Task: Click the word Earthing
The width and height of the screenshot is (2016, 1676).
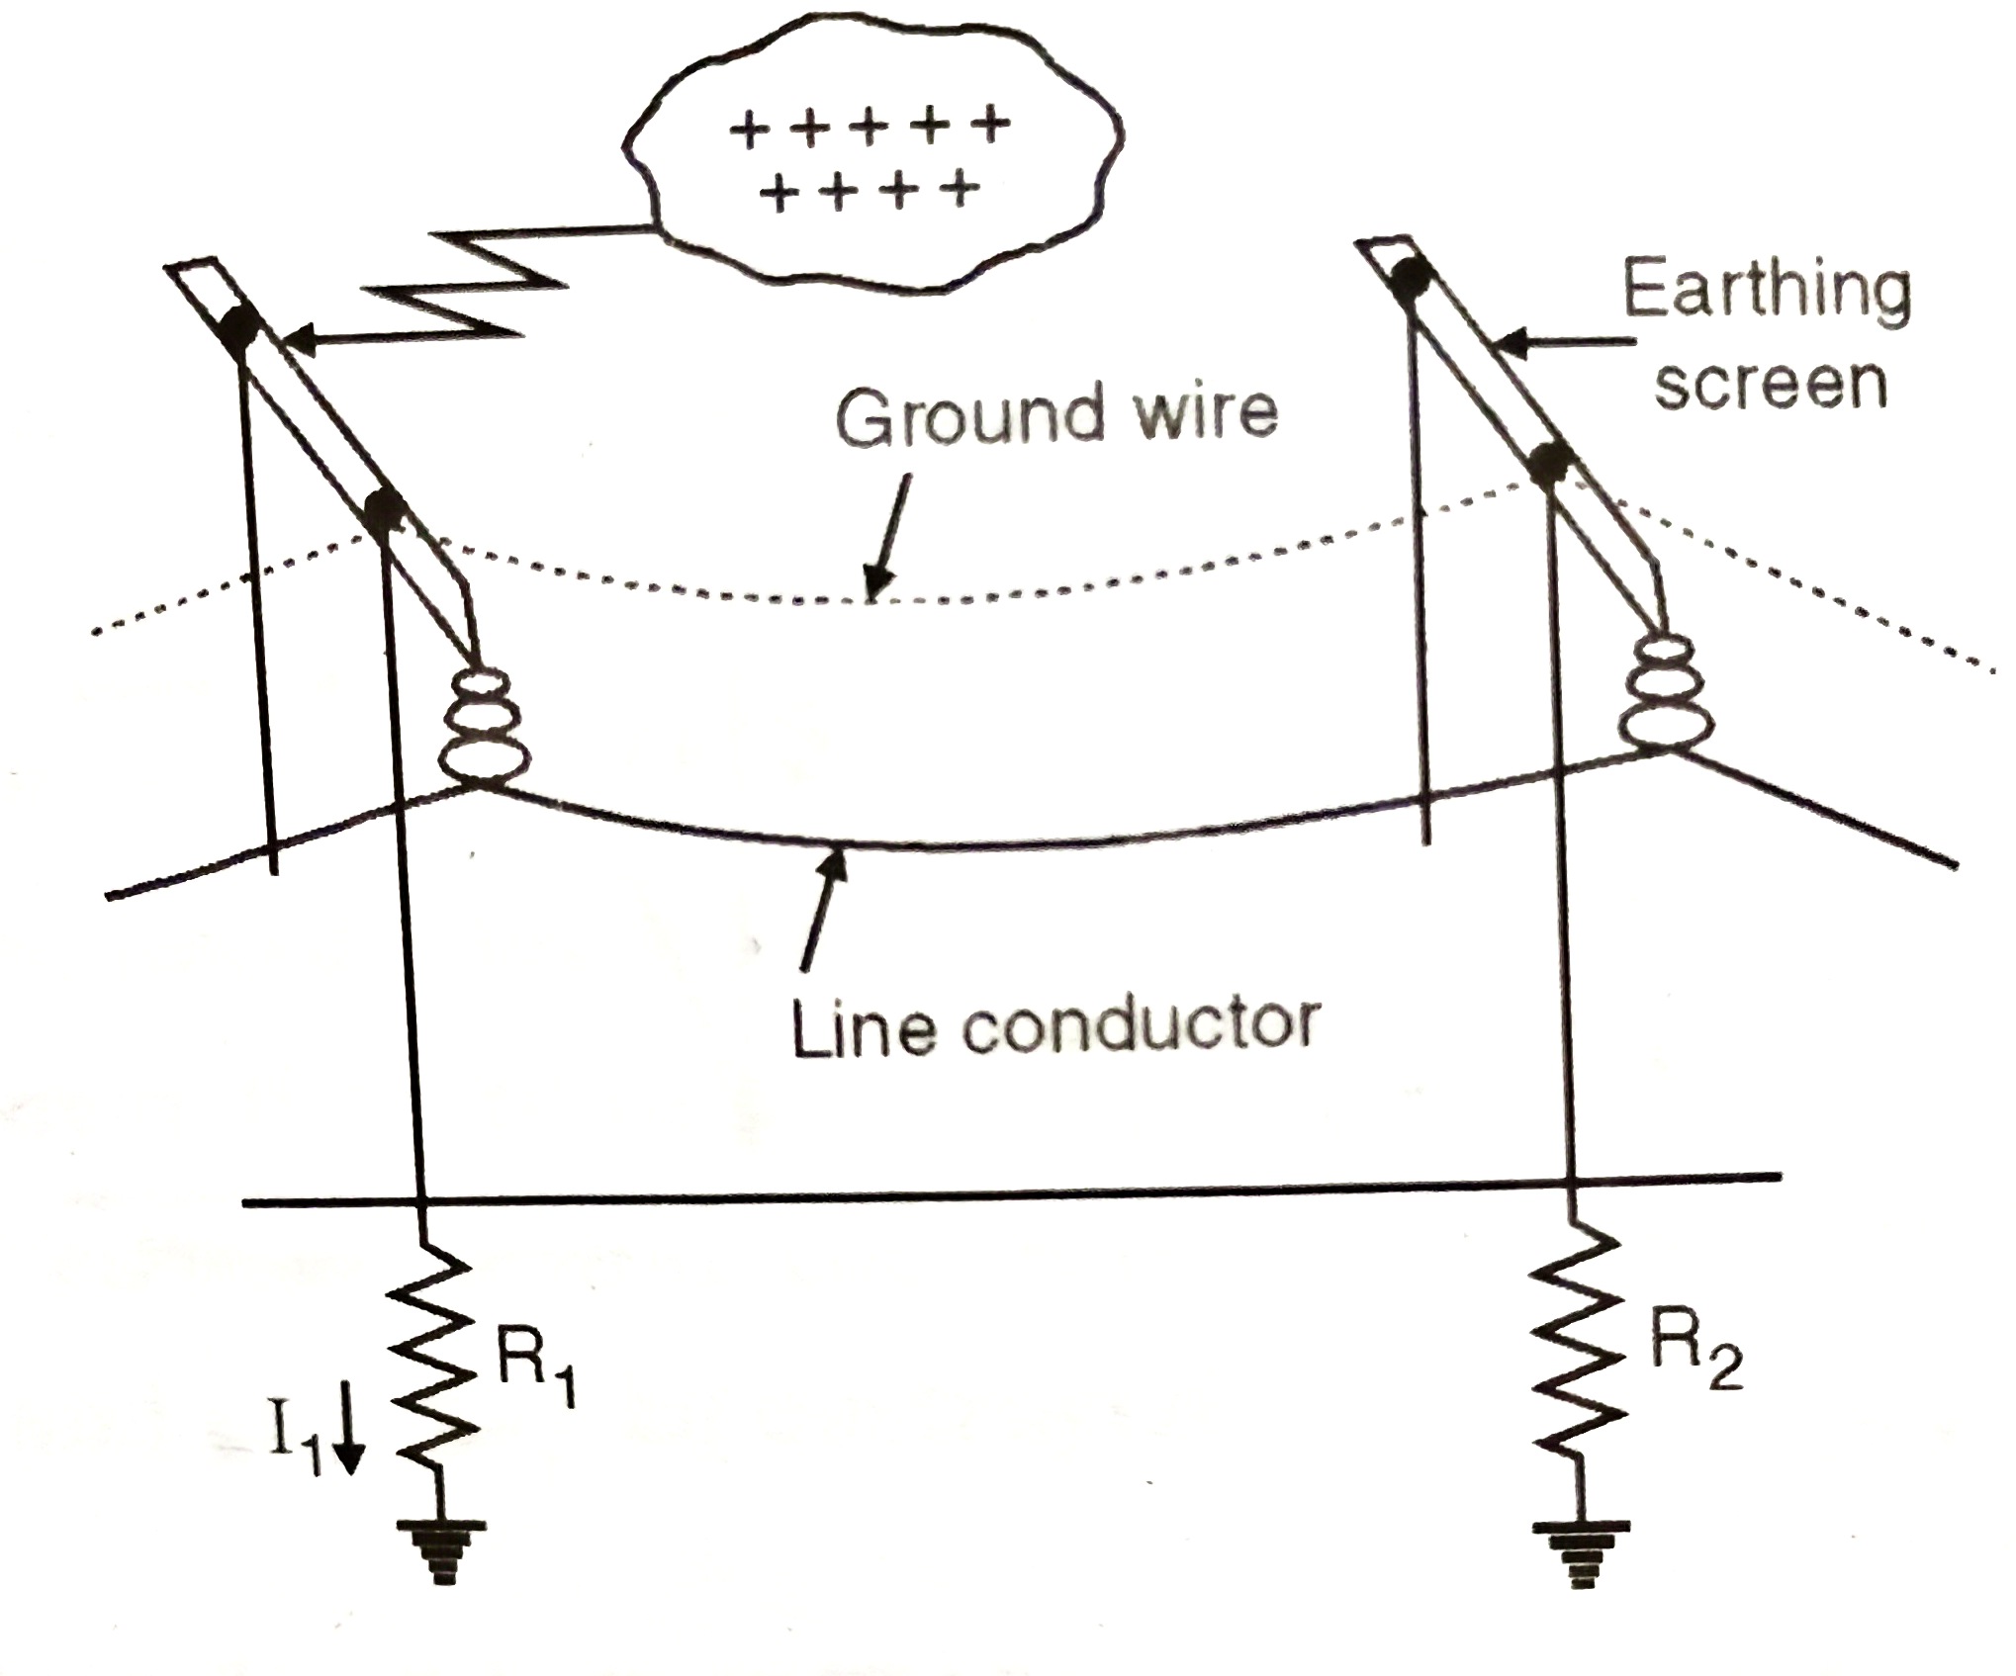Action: (1767, 291)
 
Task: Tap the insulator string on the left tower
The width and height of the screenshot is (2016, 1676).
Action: (484, 727)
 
